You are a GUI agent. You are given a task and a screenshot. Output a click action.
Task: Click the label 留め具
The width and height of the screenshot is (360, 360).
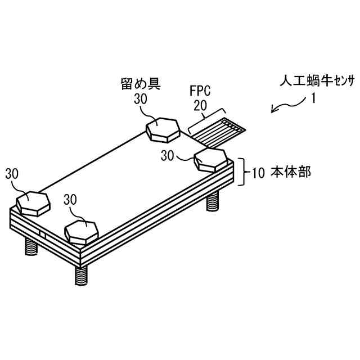141,85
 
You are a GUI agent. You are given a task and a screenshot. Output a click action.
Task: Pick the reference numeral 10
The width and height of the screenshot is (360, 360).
258,173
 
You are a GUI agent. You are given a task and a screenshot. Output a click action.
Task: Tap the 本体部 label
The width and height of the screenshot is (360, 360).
291,172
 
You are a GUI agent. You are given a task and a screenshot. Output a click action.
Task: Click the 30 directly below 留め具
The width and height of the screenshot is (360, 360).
141,99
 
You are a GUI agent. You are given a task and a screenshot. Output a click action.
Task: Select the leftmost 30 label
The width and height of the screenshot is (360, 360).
12,174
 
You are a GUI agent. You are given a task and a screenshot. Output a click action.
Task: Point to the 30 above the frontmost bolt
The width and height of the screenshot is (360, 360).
71,200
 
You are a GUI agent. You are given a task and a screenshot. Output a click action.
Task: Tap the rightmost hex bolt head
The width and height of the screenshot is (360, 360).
211,160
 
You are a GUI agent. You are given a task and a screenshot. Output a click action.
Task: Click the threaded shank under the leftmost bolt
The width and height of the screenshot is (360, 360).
29,245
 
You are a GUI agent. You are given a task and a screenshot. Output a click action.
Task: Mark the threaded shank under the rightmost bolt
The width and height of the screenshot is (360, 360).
213,201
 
